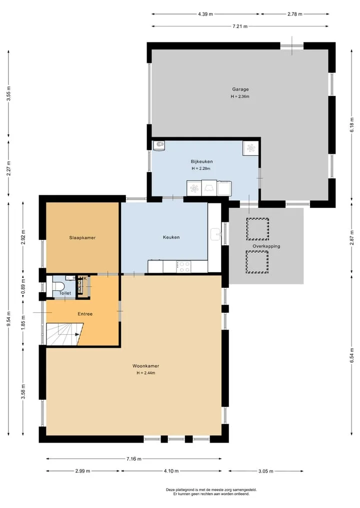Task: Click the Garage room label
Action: (240, 89)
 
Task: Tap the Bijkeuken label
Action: (201, 162)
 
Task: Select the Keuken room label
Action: (171, 237)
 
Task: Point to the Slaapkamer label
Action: (82, 237)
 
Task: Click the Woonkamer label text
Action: (145, 366)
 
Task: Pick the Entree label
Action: (85, 314)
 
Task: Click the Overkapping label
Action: (266, 246)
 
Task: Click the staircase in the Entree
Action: (64, 334)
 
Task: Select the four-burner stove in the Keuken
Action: (183, 267)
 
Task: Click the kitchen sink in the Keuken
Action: (215, 234)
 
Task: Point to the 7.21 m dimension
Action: (240, 26)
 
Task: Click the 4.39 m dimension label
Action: (205, 14)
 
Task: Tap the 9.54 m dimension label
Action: (9, 319)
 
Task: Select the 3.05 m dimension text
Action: (265, 471)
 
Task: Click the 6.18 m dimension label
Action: (352, 125)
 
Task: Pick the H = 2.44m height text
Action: (146, 373)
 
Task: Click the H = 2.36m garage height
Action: (240, 96)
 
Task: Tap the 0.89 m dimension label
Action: (23, 286)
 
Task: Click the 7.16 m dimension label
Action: (134, 459)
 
